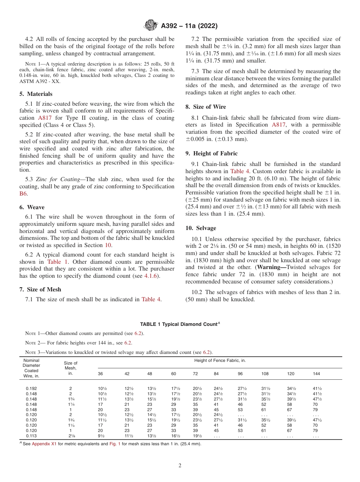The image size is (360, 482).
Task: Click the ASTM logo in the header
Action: click(x=151, y=26)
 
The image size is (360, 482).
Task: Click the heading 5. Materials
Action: click(x=36, y=94)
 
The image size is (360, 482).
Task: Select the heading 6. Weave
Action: click(x=32, y=207)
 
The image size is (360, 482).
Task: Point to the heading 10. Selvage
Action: click(x=201, y=228)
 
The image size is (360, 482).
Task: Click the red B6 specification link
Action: click(x=23, y=194)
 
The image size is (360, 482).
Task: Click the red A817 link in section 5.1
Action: click(x=44, y=118)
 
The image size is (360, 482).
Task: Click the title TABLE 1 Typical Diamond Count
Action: click(x=180, y=324)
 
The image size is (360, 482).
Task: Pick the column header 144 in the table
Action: click(x=316, y=374)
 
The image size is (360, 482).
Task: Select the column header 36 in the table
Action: click(x=100, y=374)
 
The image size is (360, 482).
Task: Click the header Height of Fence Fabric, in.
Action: click(x=220, y=360)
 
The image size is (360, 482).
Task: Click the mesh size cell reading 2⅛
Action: click(x=70, y=436)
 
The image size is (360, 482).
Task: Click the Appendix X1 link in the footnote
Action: click(x=44, y=444)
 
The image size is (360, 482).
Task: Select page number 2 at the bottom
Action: click(x=180, y=466)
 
